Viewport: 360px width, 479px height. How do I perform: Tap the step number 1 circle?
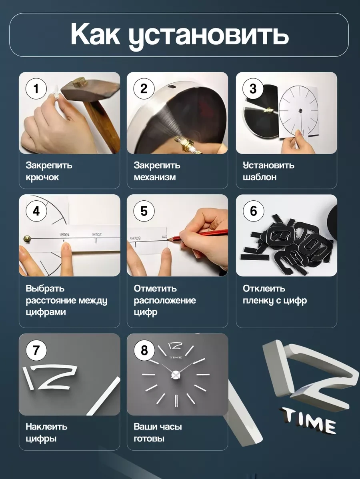coord(36,89)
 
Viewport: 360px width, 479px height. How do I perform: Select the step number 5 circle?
coord(144,211)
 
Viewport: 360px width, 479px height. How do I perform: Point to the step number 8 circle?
coord(144,350)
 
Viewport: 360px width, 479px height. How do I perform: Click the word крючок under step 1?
coord(42,177)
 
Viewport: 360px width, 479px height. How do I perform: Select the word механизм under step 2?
coord(155,177)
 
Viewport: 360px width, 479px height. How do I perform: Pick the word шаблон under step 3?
coord(260,177)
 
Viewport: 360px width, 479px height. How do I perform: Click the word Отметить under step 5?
coord(155,288)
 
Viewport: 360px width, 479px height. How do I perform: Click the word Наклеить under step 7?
coord(46,427)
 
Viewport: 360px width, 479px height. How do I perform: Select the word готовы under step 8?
coord(149,439)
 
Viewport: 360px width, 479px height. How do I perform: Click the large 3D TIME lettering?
coord(309,421)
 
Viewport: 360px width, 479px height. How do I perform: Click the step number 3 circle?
coord(253,89)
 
